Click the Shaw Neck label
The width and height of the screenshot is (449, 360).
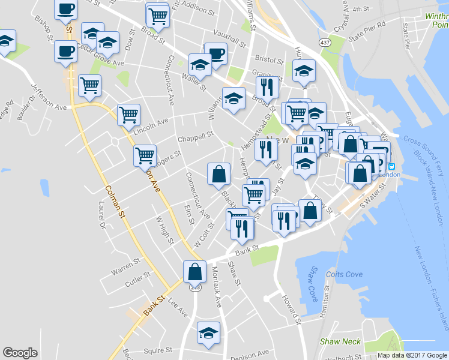340,341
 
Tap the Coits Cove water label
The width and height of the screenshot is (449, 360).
345,274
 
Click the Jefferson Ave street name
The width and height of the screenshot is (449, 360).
49,96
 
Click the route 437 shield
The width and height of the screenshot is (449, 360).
325,43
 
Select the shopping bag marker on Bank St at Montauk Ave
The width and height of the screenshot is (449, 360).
195,271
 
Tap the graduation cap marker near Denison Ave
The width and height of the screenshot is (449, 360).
208,332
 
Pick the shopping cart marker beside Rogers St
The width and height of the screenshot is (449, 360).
145,155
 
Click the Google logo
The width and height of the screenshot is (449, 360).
20,352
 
